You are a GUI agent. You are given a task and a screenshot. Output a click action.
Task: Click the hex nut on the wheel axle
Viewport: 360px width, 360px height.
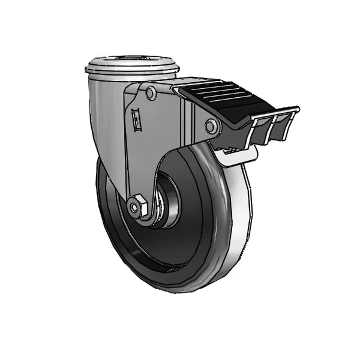tap(136, 207)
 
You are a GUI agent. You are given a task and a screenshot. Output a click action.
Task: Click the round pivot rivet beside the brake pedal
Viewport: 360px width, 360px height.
tap(211, 126)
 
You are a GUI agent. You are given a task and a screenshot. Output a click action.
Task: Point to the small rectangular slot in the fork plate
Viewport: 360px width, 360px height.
tap(137, 119)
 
